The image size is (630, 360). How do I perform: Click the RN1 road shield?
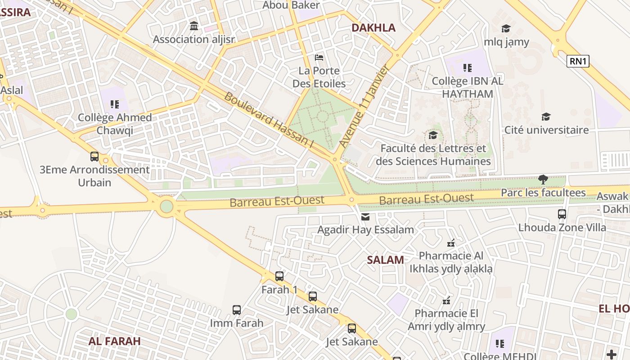pyautogui.click(x=578, y=61)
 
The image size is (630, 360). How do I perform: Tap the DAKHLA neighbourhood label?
pyautogui.click(x=373, y=28)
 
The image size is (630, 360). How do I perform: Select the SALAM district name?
pyautogui.click(x=385, y=260)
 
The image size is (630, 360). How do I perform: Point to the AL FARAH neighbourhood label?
pyautogui.click(x=114, y=341)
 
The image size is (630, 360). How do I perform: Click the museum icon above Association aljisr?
pyautogui.click(x=194, y=26)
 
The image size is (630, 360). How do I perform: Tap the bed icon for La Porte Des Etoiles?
pyautogui.click(x=319, y=58)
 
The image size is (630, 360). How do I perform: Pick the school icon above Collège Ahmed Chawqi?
pyautogui.click(x=115, y=104)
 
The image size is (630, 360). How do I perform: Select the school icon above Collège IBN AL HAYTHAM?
pyautogui.click(x=468, y=68)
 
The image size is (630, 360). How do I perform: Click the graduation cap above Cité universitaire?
pyautogui.click(x=546, y=117)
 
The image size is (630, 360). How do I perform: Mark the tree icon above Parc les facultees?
pyautogui.click(x=543, y=180)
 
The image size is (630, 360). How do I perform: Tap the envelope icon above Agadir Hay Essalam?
pyautogui.click(x=365, y=217)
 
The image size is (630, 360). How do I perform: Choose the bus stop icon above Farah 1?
pyautogui.click(x=279, y=276)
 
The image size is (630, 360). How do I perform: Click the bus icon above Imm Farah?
pyautogui.click(x=237, y=310)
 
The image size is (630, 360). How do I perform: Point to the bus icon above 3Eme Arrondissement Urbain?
pyautogui.click(x=94, y=157)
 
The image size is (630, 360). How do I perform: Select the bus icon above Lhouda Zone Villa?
pyautogui.click(x=562, y=214)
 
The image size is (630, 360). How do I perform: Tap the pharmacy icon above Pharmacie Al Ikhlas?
pyautogui.click(x=451, y=243)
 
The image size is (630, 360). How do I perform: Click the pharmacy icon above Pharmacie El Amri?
pyautogui.click(x=446, y=300)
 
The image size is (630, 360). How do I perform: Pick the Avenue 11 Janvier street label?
pyautogui.click(x=364, y=106)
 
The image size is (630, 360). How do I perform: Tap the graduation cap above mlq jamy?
pyautogui.click(x=506, y=29)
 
